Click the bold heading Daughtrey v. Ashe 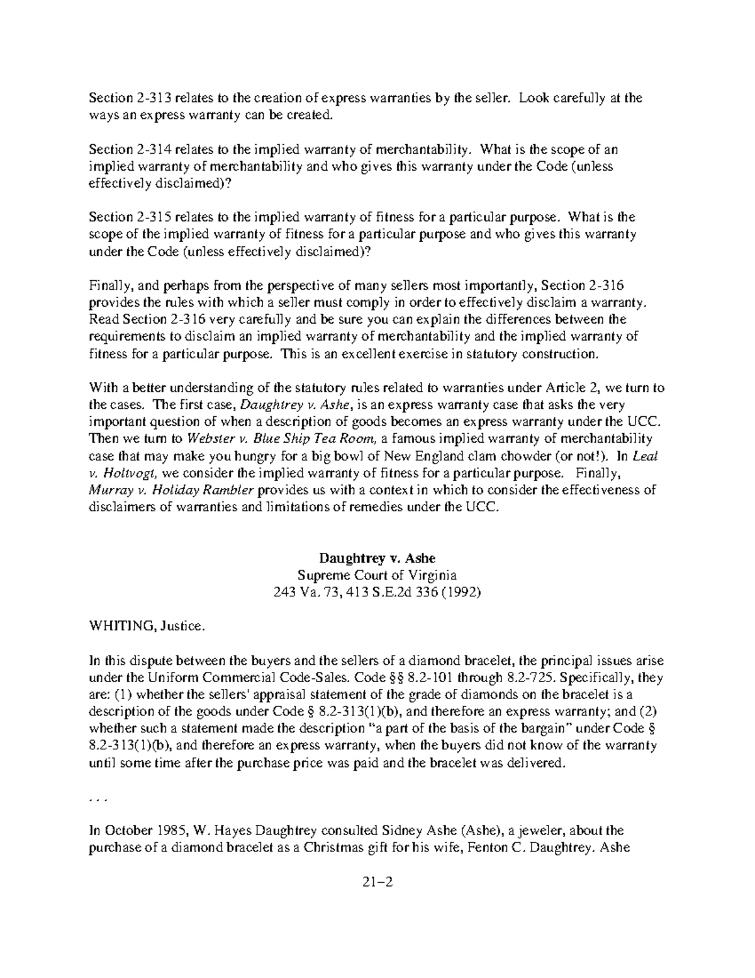tap(377, 558)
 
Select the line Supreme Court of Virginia tap(377, 575)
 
